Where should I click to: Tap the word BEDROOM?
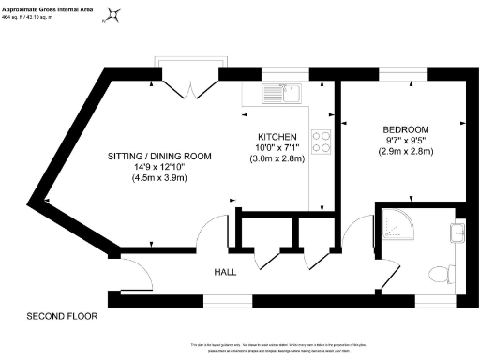pyautogui.click(x=405, y=128)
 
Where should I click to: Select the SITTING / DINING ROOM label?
pyautogui.click(x=158, y=156)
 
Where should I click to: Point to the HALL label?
pyautogui.click(x=225, y=272)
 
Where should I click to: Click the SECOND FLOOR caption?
pyautogui.click(x=62, y=316)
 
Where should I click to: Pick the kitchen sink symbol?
pyautogui.click(x=281, y=92)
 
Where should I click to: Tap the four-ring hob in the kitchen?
pyautogui.click(x=322, y=140)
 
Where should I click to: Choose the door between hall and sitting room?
pyautogui.click(x=215, y=230)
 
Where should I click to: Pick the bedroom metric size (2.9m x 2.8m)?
pyautogui.click(x=405, y=151)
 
